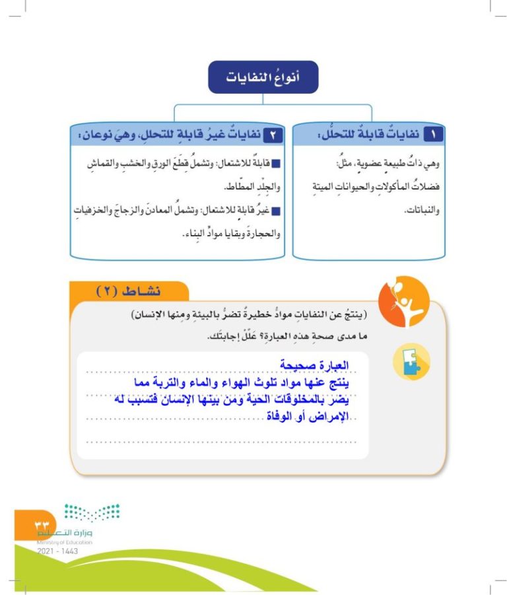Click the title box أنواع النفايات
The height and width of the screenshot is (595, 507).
pos(263,77)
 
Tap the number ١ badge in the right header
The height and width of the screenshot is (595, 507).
pos(433,134)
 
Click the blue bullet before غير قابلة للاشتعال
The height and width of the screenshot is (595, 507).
pos(276,211)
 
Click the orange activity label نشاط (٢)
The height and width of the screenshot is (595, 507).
pos(129,291)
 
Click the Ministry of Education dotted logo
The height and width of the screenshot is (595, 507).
pos(92,513)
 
